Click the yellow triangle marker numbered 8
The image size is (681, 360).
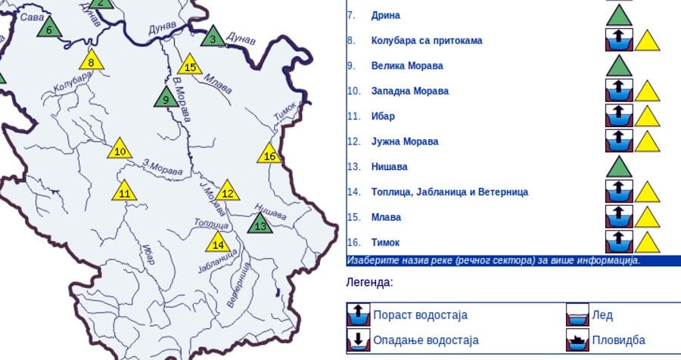pos(91,61)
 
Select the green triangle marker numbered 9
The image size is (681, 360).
pos(166,98)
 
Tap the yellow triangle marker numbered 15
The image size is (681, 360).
pos(191,67)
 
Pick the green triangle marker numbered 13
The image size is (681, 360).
pos(260,224)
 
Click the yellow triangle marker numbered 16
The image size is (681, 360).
pos(269,155)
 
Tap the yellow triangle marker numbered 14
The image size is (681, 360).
pos(218,243)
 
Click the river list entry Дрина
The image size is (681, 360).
pos(385,15)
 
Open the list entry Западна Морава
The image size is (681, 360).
pos(409,91)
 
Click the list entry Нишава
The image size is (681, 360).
pos(389,166)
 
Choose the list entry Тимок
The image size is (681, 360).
pos(385,242)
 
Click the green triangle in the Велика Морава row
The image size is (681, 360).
pos(620,66)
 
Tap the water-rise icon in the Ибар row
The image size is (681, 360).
pos(620,116)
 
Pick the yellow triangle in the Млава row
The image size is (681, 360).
pos(647,218)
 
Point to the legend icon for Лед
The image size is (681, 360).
pos(578,315)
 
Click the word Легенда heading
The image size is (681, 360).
pos(369,282)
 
